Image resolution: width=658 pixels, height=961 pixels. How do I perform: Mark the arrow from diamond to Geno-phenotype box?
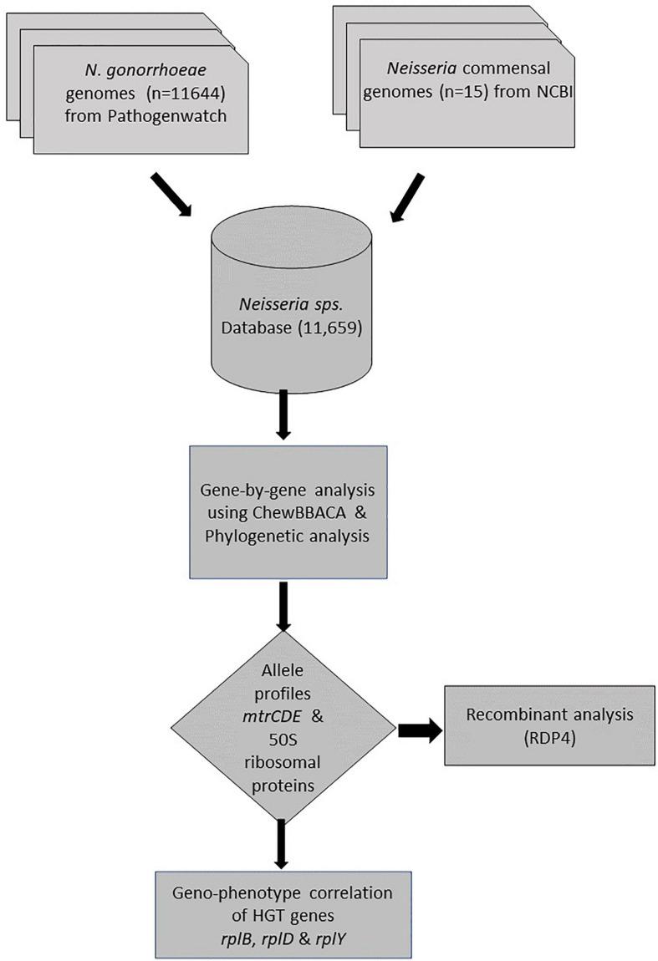click(x=283, y=839)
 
